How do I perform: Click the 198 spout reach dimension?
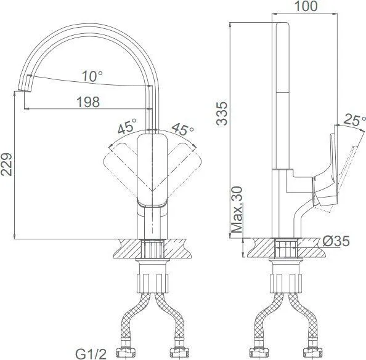pyautogui.click(x=88, y=102)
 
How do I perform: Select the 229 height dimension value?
pyautogui.click(x=6, y=164)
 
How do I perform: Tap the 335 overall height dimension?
pyautogui.click(x=222, y=114)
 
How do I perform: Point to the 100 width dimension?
pyautogui.click(x=306, y=6)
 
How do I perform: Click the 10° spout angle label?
pyautogui.click(x=92, y=76)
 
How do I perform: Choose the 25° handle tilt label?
pyautogui.click(x=355, y=120)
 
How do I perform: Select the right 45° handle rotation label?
pyautogui.click(x=183, y=129)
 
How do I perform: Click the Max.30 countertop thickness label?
pyautogui.click(x=237, y=210)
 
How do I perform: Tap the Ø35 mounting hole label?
pyautogui.click(x=336, y=241)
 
